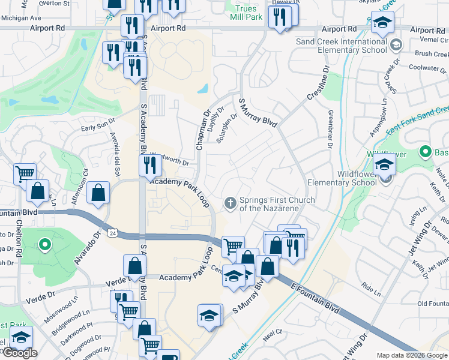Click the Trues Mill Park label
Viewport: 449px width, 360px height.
point(246,13)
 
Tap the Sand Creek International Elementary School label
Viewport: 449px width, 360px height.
point(342,46)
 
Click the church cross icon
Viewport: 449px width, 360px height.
point(229,204)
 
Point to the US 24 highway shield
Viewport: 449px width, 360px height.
point(112,232)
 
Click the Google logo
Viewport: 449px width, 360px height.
point(19,353)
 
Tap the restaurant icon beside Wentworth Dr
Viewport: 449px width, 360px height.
point(150,165)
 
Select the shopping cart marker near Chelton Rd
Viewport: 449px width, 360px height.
point(25,173)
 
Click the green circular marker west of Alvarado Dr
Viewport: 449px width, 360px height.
point(44,244)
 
